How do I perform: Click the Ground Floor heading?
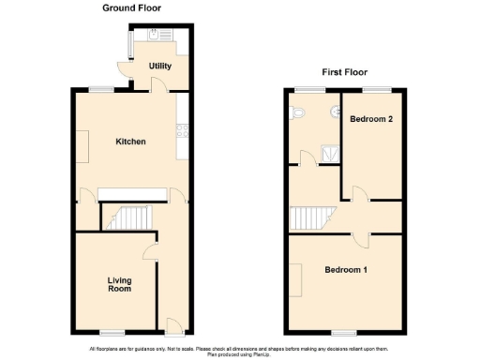pyautogui.click(x=131, y=7)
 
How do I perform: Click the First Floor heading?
pyautogui.click(x=346, y=71)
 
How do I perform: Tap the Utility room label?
pyautogui.click(x=159, y=67)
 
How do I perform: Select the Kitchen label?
pyautogui.click(x=130, y=142)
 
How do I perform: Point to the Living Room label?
pyautogui.click(x=118, y=284)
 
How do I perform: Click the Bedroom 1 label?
pyautogui.click(x=346, y=271)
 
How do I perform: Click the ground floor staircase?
pyautogui.click(x=126, y=218)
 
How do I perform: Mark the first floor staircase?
pyautogui.click(x=308, y=218)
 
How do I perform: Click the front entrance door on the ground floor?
pyautogui.click(x=173, y=325)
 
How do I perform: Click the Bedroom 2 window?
pyautogui.click(x=377, y=88)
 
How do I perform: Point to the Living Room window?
pyautogui.click(x=113, y=332)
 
